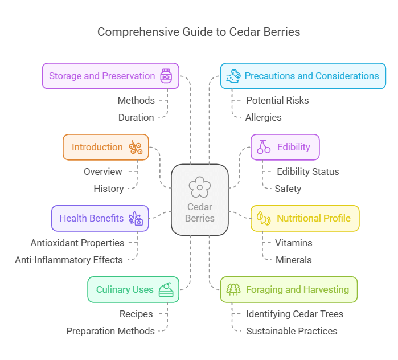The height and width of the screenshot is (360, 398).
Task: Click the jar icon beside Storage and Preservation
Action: click(x=166, y=76)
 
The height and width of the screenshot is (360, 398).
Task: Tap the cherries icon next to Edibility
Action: click(x=264, y=147)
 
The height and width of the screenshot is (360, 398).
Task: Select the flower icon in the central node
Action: click(x=199, y=187)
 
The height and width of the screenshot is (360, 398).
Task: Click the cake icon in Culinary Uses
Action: click(x=166, y=289)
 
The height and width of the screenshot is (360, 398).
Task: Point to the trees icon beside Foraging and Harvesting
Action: click(x=233, y=289)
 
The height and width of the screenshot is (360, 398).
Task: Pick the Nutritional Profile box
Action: click(x=305, y=218)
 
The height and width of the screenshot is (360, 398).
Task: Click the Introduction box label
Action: click(x=97, y=147)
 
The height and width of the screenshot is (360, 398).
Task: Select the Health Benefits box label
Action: click(x=92, y=218)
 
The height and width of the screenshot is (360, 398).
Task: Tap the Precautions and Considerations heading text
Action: click(x=311, y=76)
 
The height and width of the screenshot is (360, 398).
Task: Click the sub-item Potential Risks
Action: click(x=277, y=100)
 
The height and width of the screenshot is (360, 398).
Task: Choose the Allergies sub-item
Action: click(x=263, y=117)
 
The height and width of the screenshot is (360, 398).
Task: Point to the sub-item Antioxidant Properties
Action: click(x=77, y=243)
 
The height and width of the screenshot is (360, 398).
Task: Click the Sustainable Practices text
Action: click(x=292, y=331)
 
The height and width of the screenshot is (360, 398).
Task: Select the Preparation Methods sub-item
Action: click(x=110, y=331)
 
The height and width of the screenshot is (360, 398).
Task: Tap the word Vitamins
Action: click(x=293, y=243)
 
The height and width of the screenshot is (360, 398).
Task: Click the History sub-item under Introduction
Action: click(x=109, y=189)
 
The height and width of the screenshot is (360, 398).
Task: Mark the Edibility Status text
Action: click(x=307, y=171)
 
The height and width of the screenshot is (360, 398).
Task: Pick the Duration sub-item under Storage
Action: click(x=136, y=117)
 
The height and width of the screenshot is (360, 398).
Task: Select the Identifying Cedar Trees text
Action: click(x=294, y=314)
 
